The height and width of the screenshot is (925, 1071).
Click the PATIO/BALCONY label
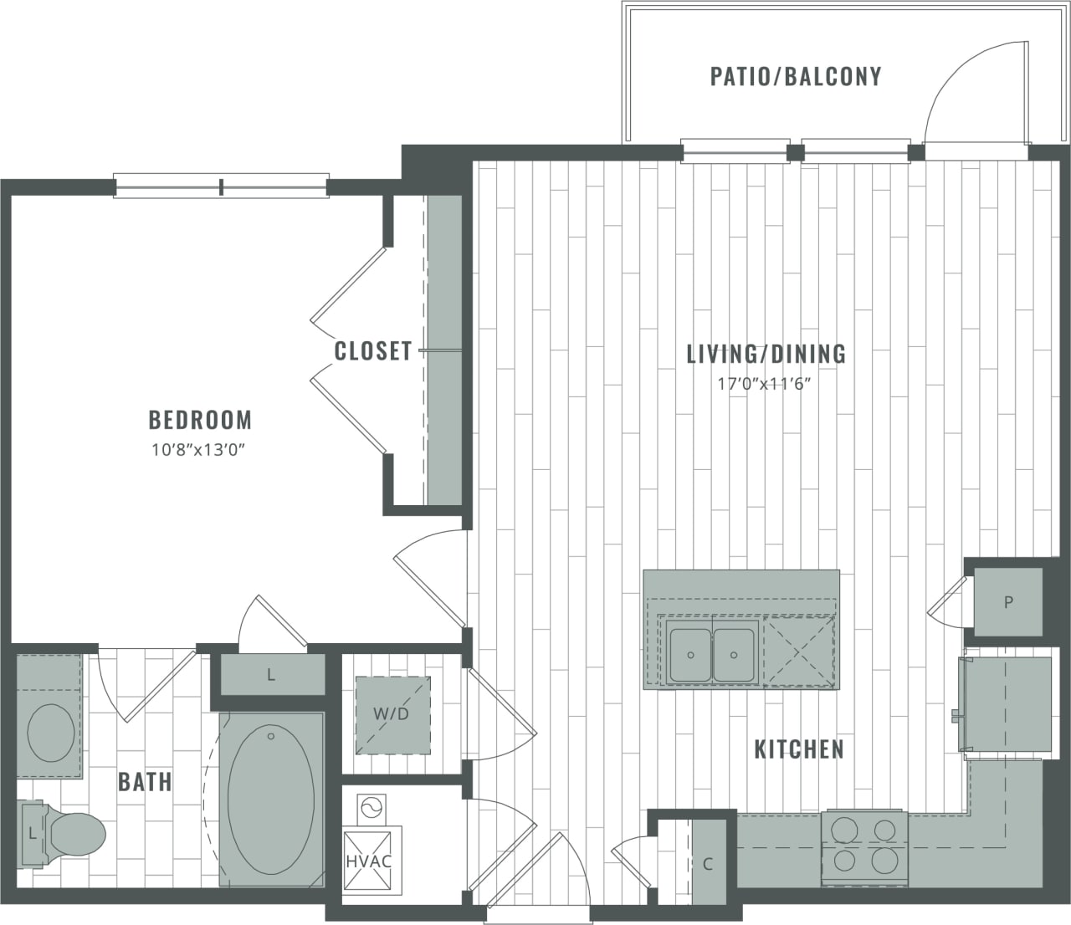[795, 76]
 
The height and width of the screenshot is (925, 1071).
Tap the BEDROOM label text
[200, 419]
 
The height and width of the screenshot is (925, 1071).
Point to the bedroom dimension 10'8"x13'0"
[200, 450]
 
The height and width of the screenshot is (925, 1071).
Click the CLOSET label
[373, 350]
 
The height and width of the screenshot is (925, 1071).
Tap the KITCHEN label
[799, 749]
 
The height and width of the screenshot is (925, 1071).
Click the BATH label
[145, 782]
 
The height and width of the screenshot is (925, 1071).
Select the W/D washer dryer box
[392, 713]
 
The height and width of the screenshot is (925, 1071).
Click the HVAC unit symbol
[369, 860]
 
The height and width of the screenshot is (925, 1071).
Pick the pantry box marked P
[1009, 602]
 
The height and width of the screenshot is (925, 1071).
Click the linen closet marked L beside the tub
[271, 676]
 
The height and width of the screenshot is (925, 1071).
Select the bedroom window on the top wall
[221, 187]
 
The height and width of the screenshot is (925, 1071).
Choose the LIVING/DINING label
[766, 354]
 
